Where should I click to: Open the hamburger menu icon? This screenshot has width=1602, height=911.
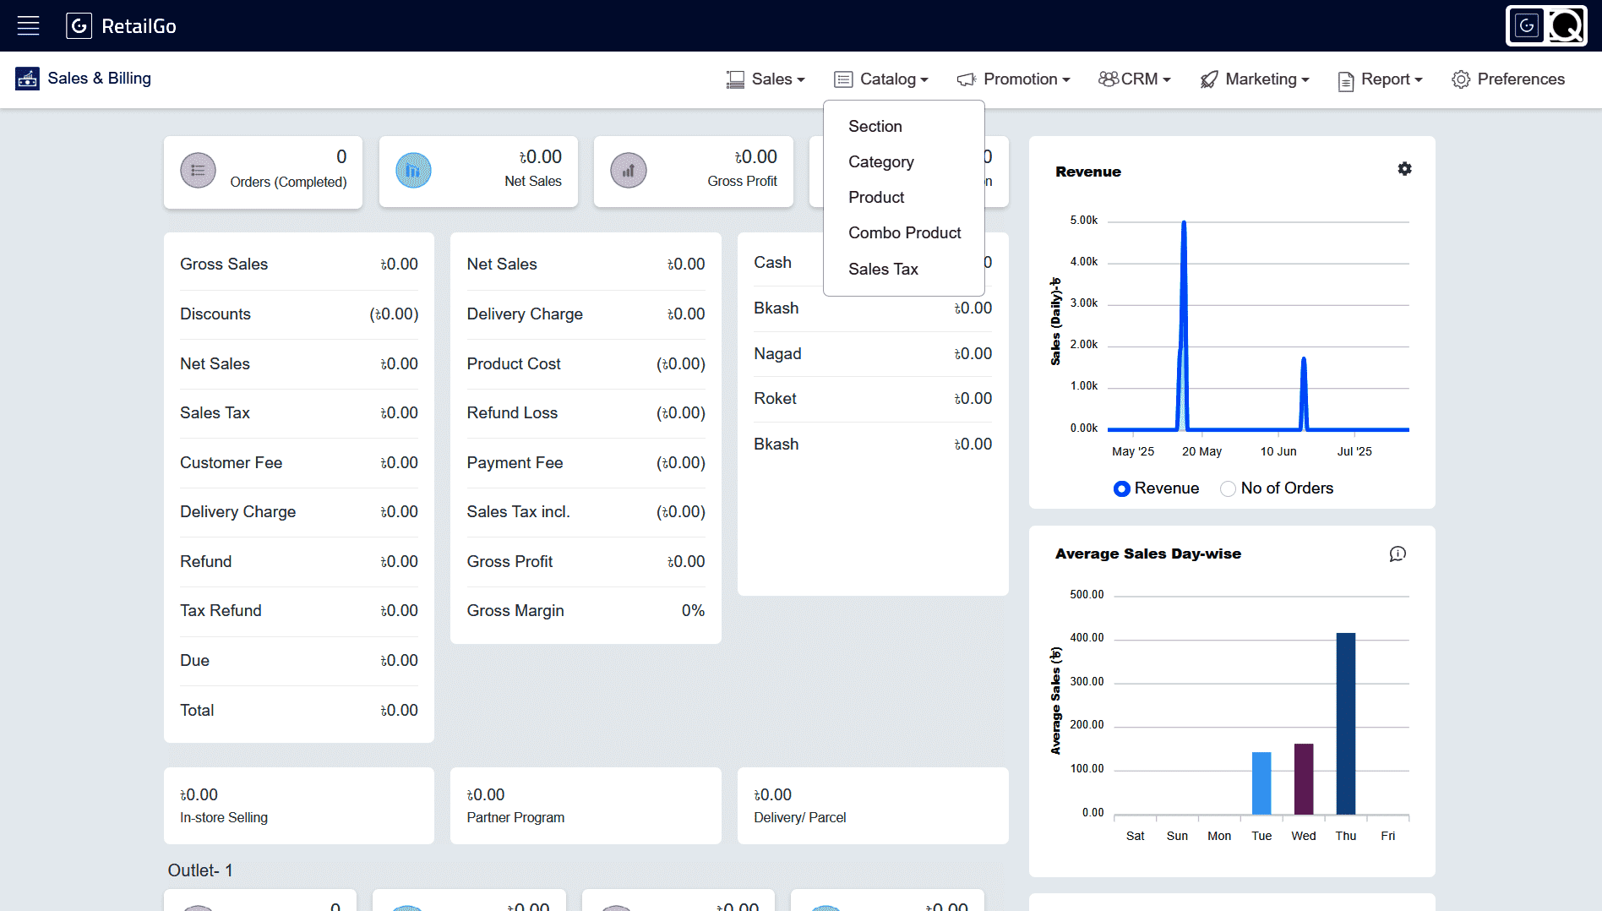29,25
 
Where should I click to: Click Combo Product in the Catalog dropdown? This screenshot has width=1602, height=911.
904,232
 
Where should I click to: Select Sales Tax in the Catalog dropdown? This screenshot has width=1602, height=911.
883,269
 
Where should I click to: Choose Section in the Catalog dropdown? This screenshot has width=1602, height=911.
875,126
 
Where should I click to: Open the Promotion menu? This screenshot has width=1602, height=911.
1013,79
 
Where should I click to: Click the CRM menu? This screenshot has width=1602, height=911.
1134,79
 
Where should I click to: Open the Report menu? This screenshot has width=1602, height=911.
1380,79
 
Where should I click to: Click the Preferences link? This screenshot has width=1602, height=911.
1508,79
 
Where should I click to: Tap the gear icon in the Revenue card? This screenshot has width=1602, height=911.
1404,169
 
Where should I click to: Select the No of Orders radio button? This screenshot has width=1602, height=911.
1228,488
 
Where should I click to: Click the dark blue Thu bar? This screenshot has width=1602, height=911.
1346,723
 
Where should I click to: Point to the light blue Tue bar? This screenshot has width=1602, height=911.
1261,783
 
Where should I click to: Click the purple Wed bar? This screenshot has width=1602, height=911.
1304,779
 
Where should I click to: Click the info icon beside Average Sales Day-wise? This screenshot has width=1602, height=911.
1398,554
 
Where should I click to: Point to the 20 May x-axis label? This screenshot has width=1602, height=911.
1201,451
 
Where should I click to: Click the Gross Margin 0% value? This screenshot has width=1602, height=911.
693,610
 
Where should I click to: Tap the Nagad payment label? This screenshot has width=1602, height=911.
777,353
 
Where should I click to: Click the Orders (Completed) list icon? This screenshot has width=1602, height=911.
198,171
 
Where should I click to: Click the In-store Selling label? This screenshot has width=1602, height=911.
224,817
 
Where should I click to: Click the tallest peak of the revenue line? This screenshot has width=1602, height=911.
1184,222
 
